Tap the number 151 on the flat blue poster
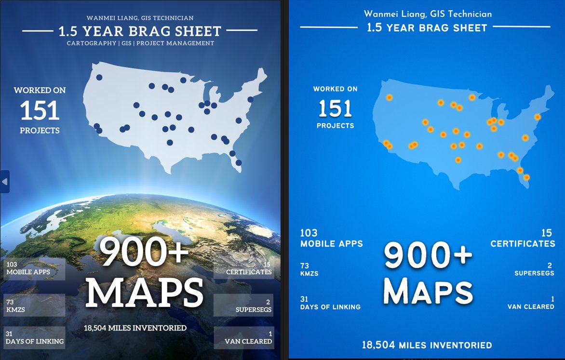point(335,108)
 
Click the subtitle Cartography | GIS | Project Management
point(140,43)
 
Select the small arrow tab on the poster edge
point(4,181)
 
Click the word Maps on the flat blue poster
point(430,291)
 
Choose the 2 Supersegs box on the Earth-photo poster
point(243,305)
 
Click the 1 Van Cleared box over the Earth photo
point(243,337)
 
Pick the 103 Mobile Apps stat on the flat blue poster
point(331,239)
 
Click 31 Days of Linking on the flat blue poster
point(330,303)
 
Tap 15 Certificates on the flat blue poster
point(523,239)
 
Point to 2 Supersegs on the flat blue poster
point(534,269)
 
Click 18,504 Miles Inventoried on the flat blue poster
point(427,345)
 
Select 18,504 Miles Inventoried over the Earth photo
point(135,328)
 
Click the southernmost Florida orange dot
point(526,177)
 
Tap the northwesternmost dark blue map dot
point(99,77)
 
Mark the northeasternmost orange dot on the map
point(538,117)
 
